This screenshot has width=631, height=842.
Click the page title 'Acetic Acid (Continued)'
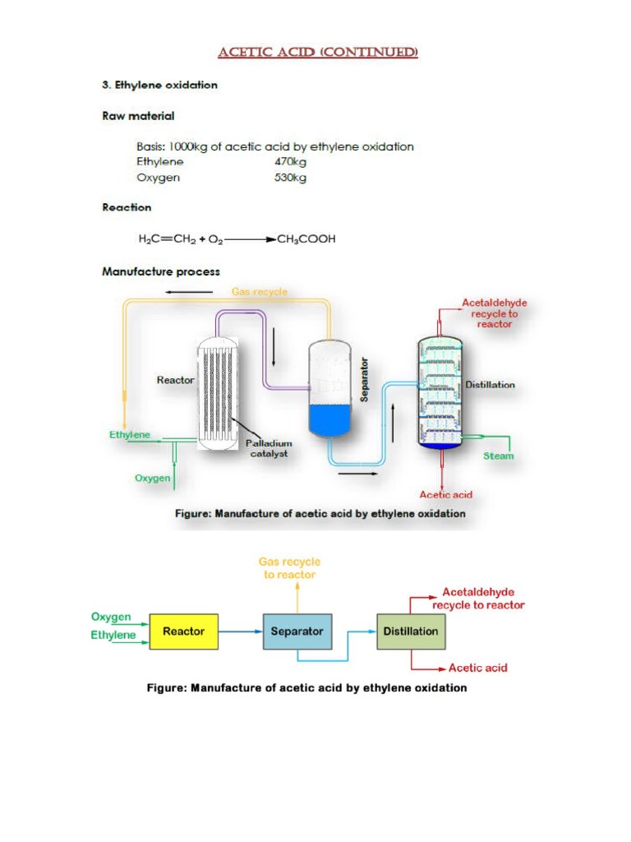tap(317, 53)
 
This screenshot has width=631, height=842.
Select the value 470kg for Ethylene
tap(289, 162)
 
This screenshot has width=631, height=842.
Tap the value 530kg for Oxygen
tap(289, 178)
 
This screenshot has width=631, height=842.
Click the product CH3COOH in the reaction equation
tap(306, 239)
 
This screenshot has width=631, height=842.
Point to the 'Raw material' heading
tap(138, 116)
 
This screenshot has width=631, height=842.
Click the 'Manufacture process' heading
tap(160, 271)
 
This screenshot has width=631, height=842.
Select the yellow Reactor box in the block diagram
tap(183, 631)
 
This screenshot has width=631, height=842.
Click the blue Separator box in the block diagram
tap(297, 631)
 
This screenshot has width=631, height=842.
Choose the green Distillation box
tap(410, 631)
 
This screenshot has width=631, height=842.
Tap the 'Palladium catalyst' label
tap(269, 448)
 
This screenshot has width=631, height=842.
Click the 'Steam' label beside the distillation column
tap(498, 456)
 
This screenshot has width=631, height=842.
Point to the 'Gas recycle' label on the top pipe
tap(260, 292)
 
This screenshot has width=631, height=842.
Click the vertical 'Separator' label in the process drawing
tap(365, 379)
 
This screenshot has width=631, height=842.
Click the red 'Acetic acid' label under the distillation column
tap(445, 495)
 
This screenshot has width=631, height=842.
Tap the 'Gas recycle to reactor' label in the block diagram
tap(289, 568)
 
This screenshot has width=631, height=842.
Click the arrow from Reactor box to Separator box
tap(239, 631)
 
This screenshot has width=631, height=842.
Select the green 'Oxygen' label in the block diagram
tap(110, 617)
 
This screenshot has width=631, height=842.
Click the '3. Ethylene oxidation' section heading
tap(159, 85)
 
